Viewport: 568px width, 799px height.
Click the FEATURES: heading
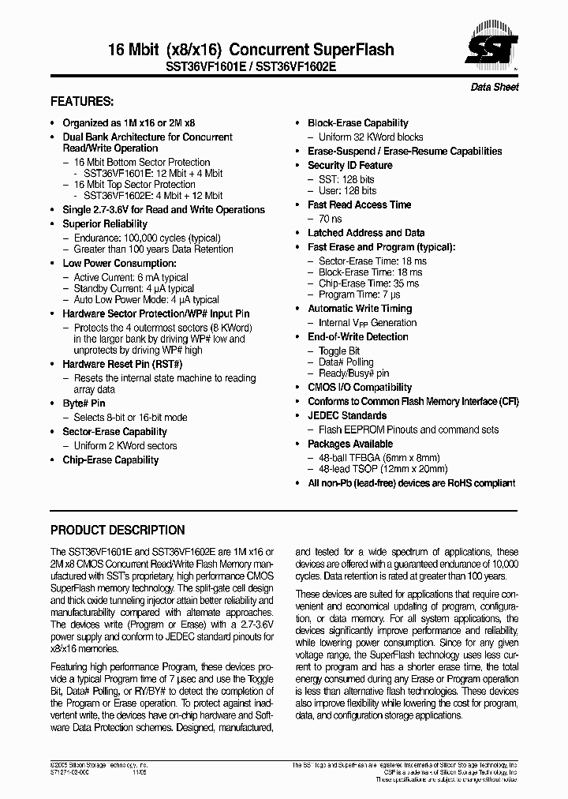click(x=82, y=102)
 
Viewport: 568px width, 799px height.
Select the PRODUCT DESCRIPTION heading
click(x=118, y=531)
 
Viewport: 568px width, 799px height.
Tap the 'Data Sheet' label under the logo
click(x=495, y=87)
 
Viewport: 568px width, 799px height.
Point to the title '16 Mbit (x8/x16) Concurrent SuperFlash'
click(x=250, y=50)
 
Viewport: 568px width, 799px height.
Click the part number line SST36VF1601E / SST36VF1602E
click(x=250, y=67)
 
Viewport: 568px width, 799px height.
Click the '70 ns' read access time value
click(x=330, y=219)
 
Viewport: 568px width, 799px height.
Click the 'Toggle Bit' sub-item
click(x=339, y=351)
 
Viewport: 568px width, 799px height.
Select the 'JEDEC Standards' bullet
click(x=347, y=415)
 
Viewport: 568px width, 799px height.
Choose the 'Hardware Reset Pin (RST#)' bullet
click(x=122, y=364)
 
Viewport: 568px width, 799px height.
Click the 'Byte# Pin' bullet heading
click(x=84, y=403)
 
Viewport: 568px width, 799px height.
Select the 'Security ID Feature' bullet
click(x=349, y=165)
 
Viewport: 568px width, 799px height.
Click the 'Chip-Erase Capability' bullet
click(x=110, y=460)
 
